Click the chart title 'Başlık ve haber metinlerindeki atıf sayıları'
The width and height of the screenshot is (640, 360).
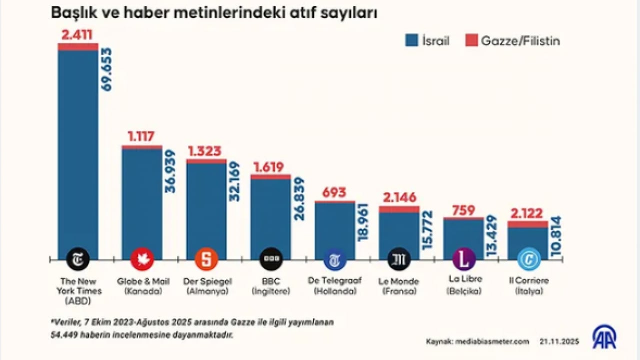(x=214, y=13)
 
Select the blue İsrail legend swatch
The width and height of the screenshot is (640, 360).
(x=411, y=41)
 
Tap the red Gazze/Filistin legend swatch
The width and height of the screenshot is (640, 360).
(x=471, y=41)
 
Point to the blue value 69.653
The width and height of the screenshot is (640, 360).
(x=106, y=69)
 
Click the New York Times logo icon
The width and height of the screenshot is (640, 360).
(x=78, y=259)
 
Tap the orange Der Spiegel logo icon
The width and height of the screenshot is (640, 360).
(x=206, y=259)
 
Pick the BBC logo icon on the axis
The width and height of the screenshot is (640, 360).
(x=270, y=259)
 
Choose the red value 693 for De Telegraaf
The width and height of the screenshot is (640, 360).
(x=334, y=192)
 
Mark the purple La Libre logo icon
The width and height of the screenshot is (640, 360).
(x=463, y=259)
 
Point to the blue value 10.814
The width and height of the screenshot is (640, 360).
(x=555, y=236)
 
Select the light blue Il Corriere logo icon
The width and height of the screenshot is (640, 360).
(x=528, y=259)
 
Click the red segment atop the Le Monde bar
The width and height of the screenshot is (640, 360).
(x=398, y=209)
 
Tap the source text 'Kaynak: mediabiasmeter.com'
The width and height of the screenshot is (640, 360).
(x=477, y=341)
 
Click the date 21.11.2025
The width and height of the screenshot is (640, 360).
(x=559, y=341)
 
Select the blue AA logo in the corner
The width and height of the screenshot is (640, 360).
(x=604, y=337)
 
